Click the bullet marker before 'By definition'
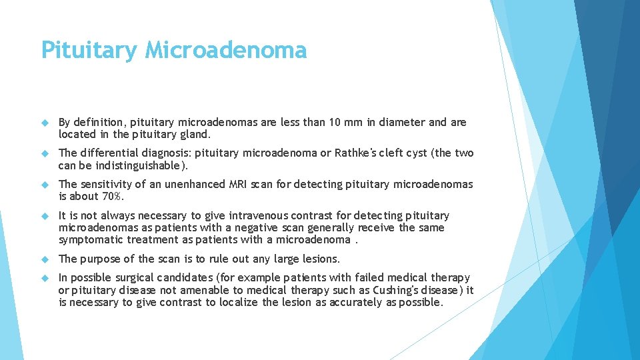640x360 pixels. pos(45,123)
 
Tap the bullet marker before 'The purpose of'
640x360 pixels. pos(45,259)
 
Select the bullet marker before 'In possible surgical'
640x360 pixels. pos(45,277)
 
